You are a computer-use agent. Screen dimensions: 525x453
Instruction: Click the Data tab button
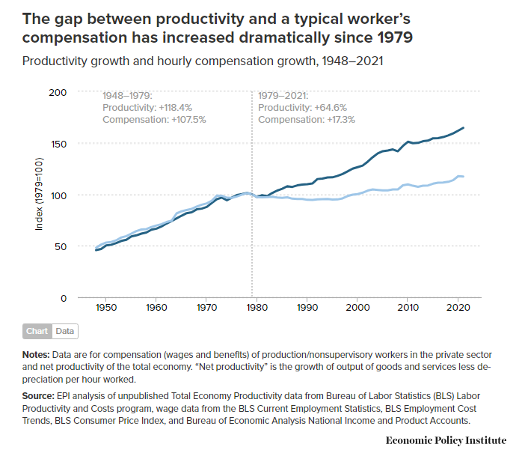pos(65,331)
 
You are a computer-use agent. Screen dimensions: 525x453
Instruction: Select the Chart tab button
pos(37,331)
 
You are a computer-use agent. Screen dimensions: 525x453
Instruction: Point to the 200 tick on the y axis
pos(58,93)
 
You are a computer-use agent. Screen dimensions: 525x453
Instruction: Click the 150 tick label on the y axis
pos(58,145)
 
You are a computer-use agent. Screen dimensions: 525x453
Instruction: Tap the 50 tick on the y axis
pos(61,247)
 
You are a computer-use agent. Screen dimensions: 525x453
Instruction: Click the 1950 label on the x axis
pos(105,308)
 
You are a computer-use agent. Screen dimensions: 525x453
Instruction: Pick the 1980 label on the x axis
pos(257,308)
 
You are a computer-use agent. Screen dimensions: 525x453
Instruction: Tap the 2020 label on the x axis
pos(458,308)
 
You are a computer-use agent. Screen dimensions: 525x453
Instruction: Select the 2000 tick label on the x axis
pos(357,308)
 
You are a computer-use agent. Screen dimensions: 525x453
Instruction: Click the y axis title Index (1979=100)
pos(39,194)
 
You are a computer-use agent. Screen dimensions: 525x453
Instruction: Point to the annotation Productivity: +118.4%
pos(147,108)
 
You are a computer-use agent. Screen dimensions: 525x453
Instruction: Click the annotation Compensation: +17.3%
pos(307,120)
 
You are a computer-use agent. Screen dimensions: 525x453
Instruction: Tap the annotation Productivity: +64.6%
pos(302,108)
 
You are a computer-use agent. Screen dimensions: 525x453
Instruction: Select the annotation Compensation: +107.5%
pos(154,120)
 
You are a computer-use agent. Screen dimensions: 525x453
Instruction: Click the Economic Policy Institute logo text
pos(446,440)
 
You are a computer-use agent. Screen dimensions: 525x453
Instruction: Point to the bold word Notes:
pos(36,355)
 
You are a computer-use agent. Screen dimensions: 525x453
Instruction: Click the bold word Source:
pos(38,396)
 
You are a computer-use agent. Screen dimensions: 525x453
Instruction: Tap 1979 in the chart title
pos(395,37)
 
